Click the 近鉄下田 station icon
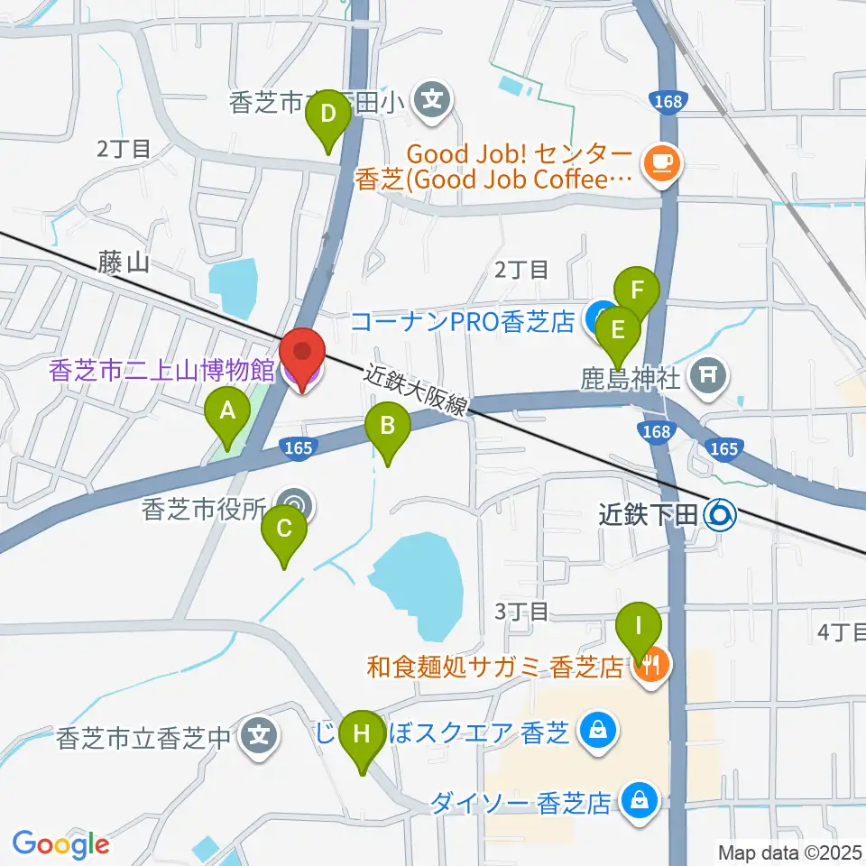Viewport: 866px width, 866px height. click(722, 515)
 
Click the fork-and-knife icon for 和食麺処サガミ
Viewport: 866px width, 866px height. click(650, 667)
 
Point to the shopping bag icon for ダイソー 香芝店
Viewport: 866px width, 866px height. click(640, 800)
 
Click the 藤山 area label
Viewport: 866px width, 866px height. click(124, 263)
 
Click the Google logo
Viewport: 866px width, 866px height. click(60, 844)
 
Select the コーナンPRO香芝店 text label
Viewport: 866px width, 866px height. click(462, 321)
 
